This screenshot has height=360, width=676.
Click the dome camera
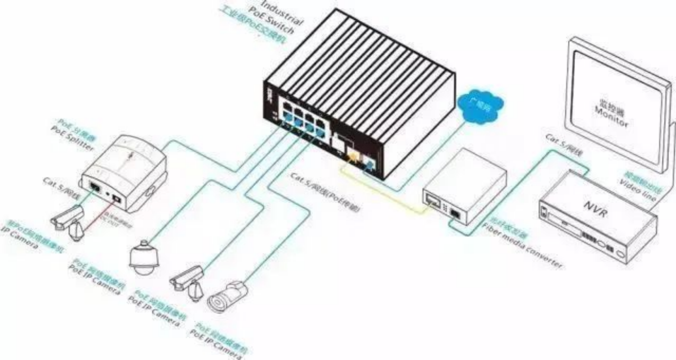(x=143, y=257)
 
